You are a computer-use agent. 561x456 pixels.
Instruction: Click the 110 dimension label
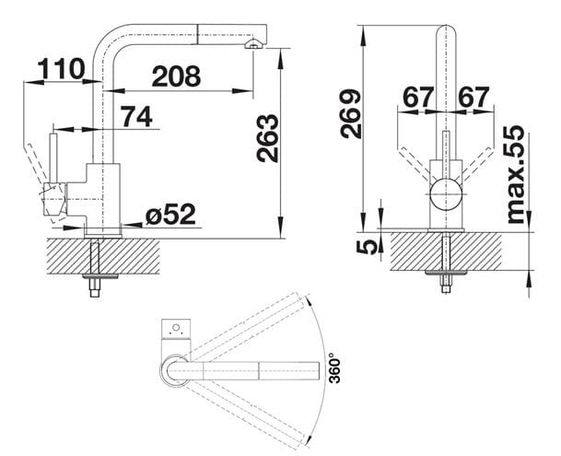tap(61, 69)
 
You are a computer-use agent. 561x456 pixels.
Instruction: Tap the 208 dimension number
tap(176, 76)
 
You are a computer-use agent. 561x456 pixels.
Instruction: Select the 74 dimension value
tap(136, 117)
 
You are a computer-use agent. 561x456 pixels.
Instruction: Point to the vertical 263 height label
tap(268, 138)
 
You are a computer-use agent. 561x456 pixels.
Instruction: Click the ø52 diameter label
tap(170, 215)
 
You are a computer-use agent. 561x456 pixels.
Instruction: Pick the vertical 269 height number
tap(350, 114)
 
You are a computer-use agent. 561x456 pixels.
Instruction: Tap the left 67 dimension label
tap(418, 97)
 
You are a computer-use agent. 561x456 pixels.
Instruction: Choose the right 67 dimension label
tap(473, 97)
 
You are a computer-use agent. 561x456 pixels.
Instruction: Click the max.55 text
tap(515, 175)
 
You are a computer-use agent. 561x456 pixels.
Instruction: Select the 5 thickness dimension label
tap(367, 247)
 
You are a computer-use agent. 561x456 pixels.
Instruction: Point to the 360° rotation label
tap(334, 368)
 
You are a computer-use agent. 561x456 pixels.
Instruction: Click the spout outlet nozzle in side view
tap(253, 44)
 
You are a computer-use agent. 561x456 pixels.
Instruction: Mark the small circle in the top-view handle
tap(176, 328)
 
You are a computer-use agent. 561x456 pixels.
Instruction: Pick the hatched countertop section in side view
tap(103, 257)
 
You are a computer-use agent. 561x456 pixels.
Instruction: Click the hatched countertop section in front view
tap(446, 251)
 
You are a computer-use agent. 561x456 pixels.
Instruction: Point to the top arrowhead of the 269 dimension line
tap(363, 35)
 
